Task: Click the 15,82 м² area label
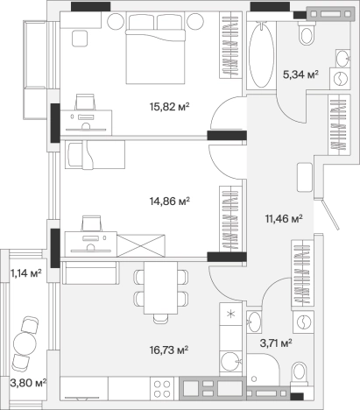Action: coord(170,107)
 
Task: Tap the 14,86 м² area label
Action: coord(170,201)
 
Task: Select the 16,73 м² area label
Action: coord(169,350)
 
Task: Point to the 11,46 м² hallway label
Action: coord(284,218)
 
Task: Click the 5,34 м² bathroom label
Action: coord(300,74)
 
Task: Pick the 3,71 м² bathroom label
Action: coord(276,343)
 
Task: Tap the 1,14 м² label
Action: coord(25,273)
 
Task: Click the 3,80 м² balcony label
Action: coord(28,382)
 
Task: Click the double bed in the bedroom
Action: coord(155,48)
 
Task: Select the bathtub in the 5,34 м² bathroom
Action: coord(261,55)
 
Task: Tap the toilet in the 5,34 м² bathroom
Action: coord(307,33)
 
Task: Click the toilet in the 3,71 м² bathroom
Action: coord(300,373)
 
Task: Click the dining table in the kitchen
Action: coord(160,287)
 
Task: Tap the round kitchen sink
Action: coord(230,362)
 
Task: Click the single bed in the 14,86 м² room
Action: coord(95,154)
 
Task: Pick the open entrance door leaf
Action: coord(330,214)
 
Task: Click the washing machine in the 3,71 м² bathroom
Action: coord(303,322)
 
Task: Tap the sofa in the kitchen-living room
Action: coord(91,272)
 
